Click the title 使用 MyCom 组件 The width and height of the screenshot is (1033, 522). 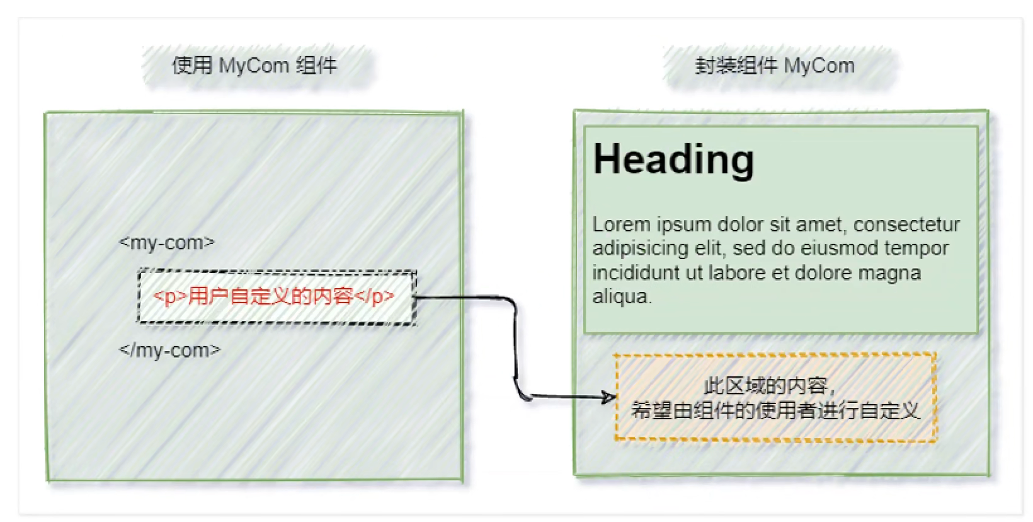[x=254, y=65]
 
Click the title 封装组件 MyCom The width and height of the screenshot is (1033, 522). [x=775, y=65]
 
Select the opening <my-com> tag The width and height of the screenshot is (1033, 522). [x=167, y=242]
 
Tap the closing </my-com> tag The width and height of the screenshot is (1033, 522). [x=170, y=350]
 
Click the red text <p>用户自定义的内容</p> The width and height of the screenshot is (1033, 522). [x=274, y=296]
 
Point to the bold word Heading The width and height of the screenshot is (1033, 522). [x=673, y=159]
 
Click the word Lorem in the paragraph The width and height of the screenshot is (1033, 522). [x=621, y=224]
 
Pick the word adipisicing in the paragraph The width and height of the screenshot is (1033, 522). [x=640, y=248]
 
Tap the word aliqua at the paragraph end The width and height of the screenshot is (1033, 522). [x=620, y=296]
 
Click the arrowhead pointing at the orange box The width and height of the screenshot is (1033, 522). [x=608, y=397]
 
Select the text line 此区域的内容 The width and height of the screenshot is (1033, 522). [x=768, y=385]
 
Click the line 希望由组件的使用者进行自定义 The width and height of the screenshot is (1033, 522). [x=775, y=410]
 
